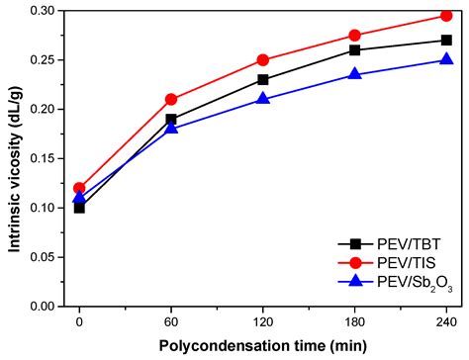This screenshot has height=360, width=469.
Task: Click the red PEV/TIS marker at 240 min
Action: (x=446, y=16)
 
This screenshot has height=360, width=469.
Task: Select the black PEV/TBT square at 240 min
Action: (x=446, y=41)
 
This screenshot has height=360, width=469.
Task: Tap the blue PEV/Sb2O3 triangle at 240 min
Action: (x=446, y=59)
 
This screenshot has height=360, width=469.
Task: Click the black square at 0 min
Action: (x=79, y=208)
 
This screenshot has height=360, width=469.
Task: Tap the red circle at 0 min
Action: (x=79, y=188)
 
